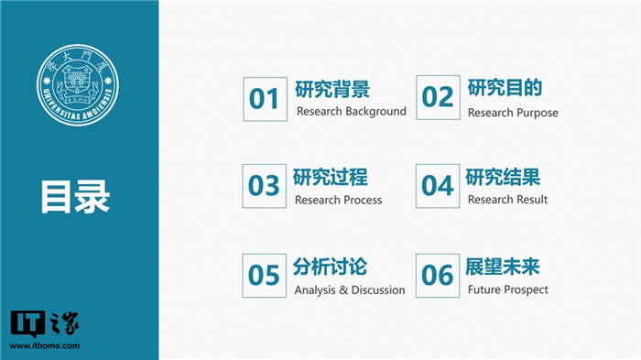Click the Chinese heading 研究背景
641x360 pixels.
[x=332, y=89]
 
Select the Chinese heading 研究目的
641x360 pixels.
[x=505, y=88]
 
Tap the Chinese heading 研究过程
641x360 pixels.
[x=330, y=177]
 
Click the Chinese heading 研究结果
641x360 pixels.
[x=503, y=177]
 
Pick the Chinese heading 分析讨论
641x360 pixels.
[x=330, y=267]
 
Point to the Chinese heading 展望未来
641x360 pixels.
[x=503, y=267]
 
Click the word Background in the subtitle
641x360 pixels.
[x=375, y=112]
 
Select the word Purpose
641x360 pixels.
[x=536, y=113]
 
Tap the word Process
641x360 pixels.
[x=363, y=200]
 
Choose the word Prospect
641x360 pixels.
[x=527, y=290]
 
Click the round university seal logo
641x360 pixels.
[x=78, y=85]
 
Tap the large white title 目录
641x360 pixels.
[x=75, y=197]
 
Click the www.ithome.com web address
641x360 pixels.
[x=45, y=346]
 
